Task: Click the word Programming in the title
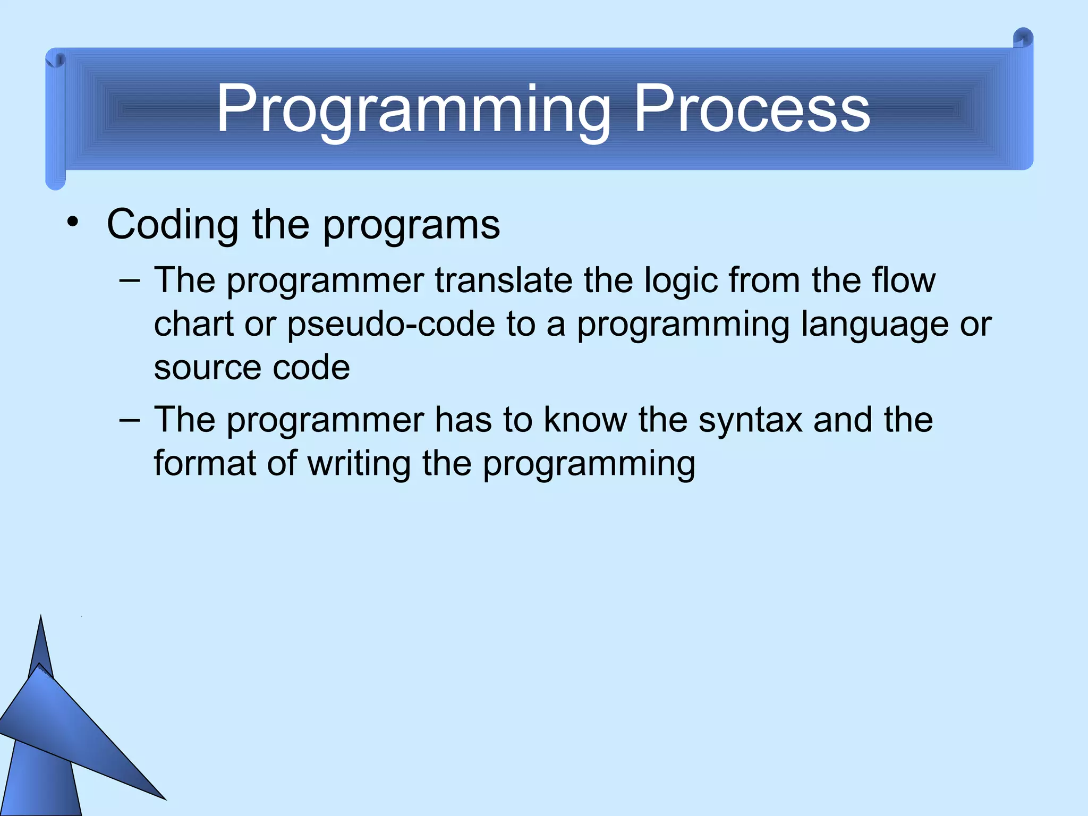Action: [x=413, y=110]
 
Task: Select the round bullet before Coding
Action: [x=73, y=222]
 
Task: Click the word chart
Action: [x=194, y=324]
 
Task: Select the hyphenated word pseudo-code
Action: [x=391, y=324]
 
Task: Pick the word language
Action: [x=874, y=324]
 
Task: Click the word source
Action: [x=207, y=368]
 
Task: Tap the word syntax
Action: [x=750, y=420]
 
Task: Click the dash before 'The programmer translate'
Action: [x=130, y=280]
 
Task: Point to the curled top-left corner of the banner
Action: [x=55, y=59]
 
